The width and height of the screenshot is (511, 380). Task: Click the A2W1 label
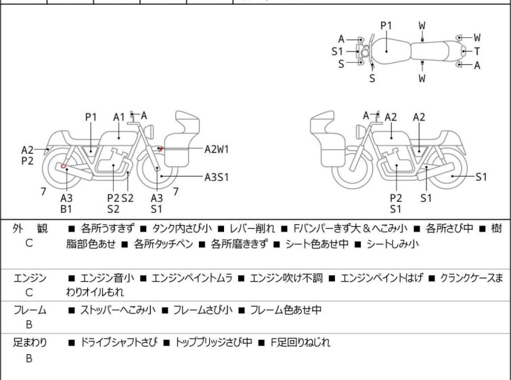217,148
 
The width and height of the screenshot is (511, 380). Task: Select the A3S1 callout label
217,177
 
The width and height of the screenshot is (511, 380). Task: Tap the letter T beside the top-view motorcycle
477,51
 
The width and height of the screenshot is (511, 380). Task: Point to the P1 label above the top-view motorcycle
386,25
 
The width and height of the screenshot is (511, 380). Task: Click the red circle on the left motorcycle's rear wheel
64,166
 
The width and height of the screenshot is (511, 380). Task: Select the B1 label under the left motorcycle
66,209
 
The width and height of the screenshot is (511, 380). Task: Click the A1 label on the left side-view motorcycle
119,117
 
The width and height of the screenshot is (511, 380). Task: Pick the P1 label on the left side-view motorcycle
91,117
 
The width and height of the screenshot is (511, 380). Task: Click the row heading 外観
29,230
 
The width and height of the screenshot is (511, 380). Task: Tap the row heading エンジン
29,278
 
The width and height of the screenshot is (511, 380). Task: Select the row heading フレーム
29,310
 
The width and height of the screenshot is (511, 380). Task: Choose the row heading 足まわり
29,343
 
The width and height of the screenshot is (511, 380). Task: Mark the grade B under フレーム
29,325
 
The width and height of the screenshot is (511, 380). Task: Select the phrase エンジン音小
108,278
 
